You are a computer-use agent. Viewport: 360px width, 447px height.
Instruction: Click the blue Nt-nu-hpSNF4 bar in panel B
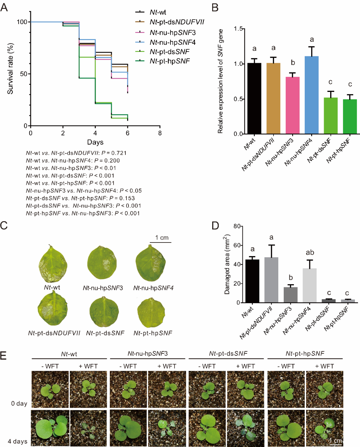[x=312, y=95]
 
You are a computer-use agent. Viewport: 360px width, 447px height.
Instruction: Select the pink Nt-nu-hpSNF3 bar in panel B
[x=293, y=105]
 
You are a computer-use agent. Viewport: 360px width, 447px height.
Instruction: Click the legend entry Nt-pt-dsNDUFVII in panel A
[x=177, y=22]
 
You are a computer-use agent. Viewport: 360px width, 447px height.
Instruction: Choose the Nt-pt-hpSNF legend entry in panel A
[x=169, y=61]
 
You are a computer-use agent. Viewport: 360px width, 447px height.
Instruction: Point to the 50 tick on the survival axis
[x=23, y=74]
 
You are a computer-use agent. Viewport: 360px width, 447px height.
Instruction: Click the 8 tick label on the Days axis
[x=160, y=133]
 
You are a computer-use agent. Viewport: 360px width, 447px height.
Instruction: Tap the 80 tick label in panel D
[x=237, y=226]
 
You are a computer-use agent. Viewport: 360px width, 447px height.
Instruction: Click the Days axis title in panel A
[x=95, y=142]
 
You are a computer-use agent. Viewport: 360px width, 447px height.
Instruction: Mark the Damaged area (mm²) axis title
[x=227, y=265]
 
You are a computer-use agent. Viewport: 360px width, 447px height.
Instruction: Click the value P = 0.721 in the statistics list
[x=114, y=153]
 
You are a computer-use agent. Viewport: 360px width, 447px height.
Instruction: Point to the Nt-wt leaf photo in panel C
[x=53, y=264]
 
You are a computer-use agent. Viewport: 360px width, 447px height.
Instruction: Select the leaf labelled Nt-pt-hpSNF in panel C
[x=151, y=312]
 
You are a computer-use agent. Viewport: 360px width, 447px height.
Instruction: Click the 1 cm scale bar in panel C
[x=161, y=242]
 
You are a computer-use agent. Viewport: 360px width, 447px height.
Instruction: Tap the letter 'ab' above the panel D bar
[x=310, y=252]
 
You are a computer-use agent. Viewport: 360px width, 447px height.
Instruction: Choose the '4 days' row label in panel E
[x=18, y=441]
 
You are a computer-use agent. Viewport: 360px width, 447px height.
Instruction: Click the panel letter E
[x=4, y=355]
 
